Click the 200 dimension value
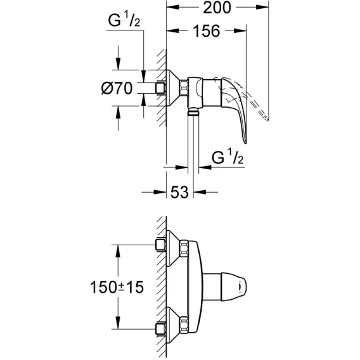coord(217,8)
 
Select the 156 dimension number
coord(207,31)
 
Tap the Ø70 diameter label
coord(117,88)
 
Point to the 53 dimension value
coord(179,192)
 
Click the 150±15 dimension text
coord(117,287)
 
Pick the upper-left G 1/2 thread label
coord(124,20)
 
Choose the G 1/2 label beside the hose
coord(228,157)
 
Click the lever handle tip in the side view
coord(245,143)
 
